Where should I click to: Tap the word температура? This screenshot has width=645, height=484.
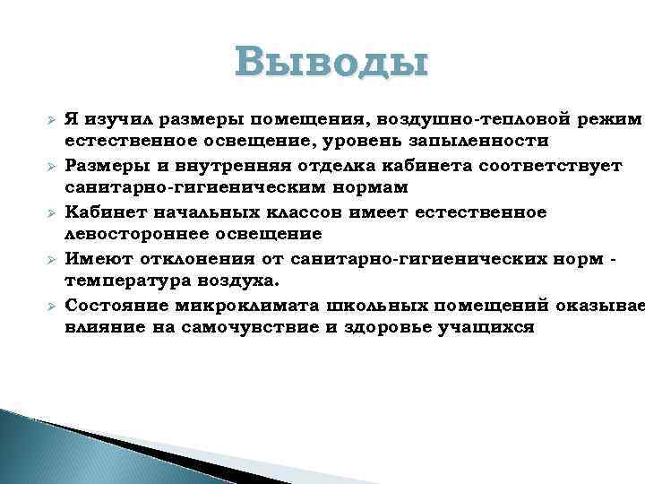(125, 281)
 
